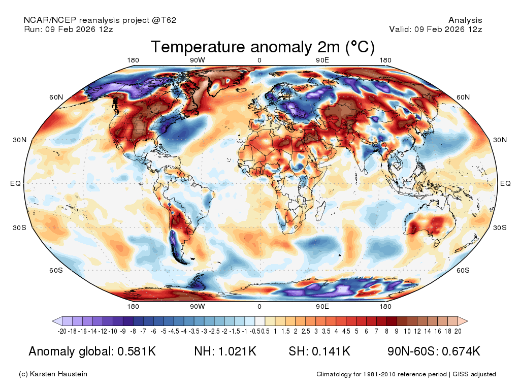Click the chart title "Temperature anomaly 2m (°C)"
[x=263, y=47]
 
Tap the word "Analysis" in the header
[x=465, y=20]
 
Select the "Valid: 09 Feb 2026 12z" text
[x=435, y=29]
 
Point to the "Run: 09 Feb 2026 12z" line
[x=69, y=29]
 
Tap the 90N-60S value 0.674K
[x=461, y=351]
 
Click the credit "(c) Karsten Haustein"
[x=53, y=374]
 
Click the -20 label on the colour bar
[x=62, y=331]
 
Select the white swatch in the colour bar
[x=259, y=321]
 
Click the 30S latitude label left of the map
[x=19, y=227]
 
